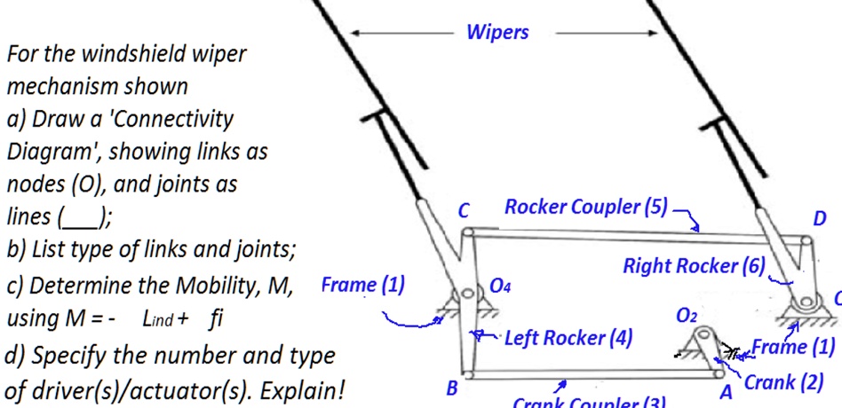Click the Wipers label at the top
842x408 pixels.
coord(497,32)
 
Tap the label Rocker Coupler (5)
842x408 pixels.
coord(585,207)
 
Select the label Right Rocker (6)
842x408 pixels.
coord(693,265)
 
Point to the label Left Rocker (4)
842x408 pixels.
coord(568,338)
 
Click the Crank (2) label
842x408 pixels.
coord(784,382)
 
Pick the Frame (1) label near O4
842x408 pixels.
coord(362,285)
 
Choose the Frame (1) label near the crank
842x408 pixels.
coord(793,346)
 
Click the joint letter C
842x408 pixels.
coord(464,211)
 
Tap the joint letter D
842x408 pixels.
coord(819,218)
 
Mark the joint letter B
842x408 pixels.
coord(451,388)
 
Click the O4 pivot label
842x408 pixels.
coord(500,286)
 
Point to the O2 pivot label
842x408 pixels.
coord(687,315)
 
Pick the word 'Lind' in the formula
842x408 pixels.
coord(157,318)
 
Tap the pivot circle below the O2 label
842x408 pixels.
coord(703,337)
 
